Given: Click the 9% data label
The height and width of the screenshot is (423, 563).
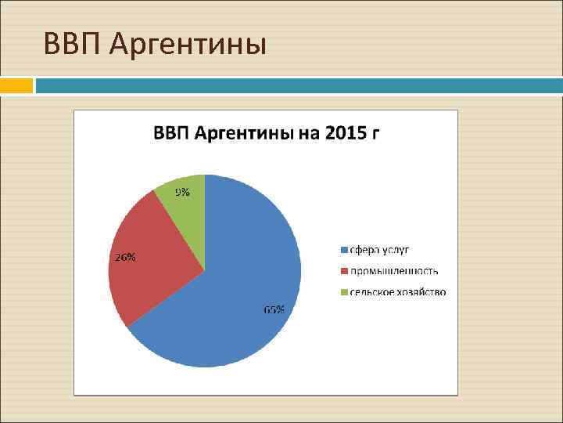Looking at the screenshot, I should [181, 193].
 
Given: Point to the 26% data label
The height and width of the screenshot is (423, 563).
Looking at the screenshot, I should [126, 257].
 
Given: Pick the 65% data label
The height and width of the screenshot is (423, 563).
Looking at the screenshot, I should [274, 310].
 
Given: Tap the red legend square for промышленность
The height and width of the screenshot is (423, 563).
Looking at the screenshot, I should [343, 271].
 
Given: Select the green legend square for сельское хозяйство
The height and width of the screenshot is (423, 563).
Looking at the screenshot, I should [343, 292].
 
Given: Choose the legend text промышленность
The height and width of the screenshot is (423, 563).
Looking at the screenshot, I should [394, 271].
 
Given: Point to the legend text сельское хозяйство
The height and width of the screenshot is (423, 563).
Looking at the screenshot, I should [398, 292].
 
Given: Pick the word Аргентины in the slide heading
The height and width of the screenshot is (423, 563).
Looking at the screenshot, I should [188, 45].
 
